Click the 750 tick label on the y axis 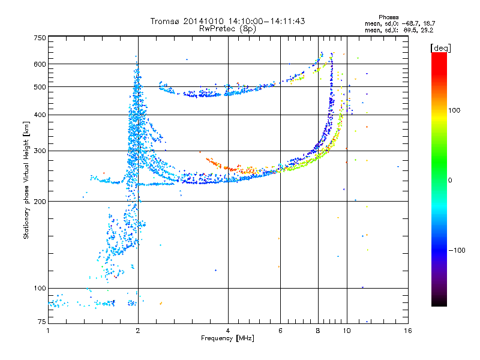[40, 37]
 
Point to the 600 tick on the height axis [40, 64]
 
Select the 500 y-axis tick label [40, 87]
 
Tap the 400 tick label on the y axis [40, 115]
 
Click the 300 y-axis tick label [40, 151]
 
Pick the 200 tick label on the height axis [40, 201]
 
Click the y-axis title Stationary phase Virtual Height [26, 180]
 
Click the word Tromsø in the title [167, 21]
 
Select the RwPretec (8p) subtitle [227, 28]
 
